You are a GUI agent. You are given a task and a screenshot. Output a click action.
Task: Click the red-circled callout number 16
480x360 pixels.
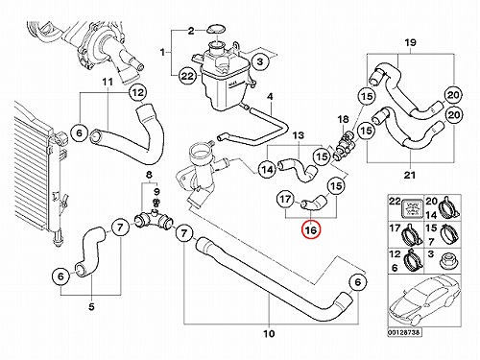point(311,230)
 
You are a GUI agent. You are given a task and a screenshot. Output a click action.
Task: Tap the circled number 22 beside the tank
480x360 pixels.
point(187,76)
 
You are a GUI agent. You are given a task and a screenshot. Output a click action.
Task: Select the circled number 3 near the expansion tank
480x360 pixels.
point(259,61)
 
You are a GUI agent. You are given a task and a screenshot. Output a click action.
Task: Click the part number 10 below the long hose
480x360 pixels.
point(269,334)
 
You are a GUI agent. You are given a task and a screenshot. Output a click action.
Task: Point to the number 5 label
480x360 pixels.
point(91,307)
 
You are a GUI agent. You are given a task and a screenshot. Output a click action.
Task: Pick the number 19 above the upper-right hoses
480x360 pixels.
point(410,42)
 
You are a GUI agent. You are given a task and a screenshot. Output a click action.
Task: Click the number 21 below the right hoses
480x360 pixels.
point(410,175)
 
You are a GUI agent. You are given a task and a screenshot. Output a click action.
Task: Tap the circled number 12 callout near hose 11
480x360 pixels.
point(138,93)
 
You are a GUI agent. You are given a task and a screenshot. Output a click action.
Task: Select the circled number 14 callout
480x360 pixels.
point(267,169)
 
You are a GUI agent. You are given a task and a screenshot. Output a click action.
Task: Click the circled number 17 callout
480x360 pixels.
point(286,199)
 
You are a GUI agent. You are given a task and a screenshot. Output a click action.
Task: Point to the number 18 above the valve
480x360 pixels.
point(343,119)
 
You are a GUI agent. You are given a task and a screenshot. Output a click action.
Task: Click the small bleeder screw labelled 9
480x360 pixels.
point(156,203)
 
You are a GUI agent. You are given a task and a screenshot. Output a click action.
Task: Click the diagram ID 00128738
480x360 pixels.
point(405,332)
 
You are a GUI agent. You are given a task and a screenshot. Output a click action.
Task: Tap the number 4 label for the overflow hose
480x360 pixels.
point(270,96)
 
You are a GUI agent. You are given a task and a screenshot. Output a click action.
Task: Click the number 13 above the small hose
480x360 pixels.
point(298,135)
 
